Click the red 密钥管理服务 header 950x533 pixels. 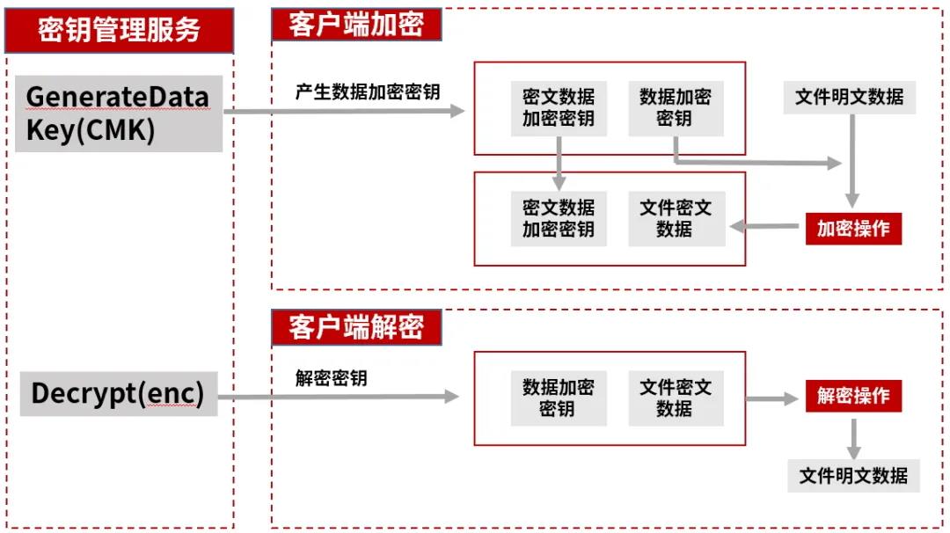point(120,31)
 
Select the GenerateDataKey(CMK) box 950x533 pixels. point(118,113)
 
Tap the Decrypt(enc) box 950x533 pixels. point(118,393)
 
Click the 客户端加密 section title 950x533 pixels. point(356,26)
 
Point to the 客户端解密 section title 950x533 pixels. point(356,327)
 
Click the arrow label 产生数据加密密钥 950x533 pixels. point(368,92)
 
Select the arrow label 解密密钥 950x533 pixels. point(331,379)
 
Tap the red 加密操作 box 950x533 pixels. point(853,229)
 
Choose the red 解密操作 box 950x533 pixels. point(853,396)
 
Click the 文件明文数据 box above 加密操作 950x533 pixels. point(849,97)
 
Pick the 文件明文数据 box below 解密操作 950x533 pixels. point(853,476)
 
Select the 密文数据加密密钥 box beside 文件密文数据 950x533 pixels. point(559,219)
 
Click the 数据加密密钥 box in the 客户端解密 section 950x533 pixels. point(559,398)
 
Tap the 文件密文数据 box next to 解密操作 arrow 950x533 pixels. point(676,398)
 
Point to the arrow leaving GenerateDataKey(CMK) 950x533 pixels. point(343,112)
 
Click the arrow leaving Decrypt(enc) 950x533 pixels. point(338,398)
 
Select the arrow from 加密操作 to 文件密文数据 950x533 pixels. point(765,227)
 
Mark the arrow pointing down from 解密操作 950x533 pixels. point(853,436)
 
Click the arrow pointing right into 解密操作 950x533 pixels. point(772,398)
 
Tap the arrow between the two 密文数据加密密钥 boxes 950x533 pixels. point(559,163)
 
